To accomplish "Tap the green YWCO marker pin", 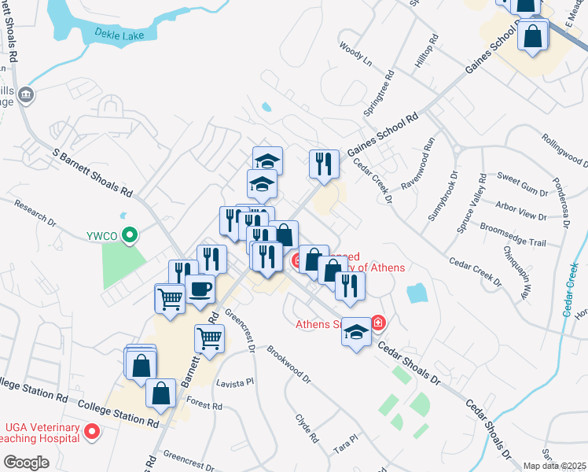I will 133,234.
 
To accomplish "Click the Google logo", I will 25,462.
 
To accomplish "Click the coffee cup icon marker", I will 200,289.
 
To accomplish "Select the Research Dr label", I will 36,212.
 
